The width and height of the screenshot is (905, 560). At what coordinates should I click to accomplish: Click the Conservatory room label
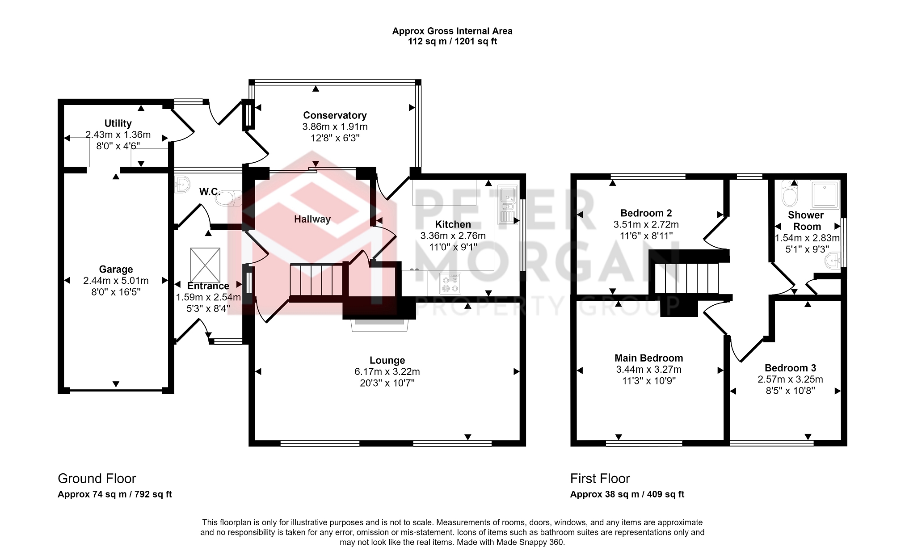pos(335,115)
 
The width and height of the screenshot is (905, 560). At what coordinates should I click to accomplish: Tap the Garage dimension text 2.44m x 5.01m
pos(116,281)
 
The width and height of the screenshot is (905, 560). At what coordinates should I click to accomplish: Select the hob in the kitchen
pos(450,283)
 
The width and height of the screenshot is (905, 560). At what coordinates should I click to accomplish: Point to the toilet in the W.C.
pos(228,198)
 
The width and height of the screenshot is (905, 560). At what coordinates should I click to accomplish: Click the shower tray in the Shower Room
pos(825,195)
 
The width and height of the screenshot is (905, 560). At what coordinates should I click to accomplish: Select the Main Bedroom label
pos(648,358)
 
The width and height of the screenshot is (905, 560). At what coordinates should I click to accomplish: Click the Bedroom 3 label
pos(790,368)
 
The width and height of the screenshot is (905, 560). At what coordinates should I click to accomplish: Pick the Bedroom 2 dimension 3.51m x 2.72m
pos(646,224)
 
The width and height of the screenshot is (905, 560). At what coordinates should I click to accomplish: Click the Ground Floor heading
pos(97,479)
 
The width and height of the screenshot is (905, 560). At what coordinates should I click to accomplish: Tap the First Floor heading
pos(600,479)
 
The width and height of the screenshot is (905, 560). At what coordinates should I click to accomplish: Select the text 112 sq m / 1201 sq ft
pos(452,42)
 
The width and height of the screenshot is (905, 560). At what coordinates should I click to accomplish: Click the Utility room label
pos(118,123)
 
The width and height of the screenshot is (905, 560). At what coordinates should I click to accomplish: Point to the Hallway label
pos(312,219)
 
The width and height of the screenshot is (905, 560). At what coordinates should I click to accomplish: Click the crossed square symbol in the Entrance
pos(205,265)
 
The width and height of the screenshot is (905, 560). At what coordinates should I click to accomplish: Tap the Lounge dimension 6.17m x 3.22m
pos(387,371)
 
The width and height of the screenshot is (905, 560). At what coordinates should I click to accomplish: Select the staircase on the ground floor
pos(316,280)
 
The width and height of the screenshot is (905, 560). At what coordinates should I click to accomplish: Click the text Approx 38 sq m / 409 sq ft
pos(627,494)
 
